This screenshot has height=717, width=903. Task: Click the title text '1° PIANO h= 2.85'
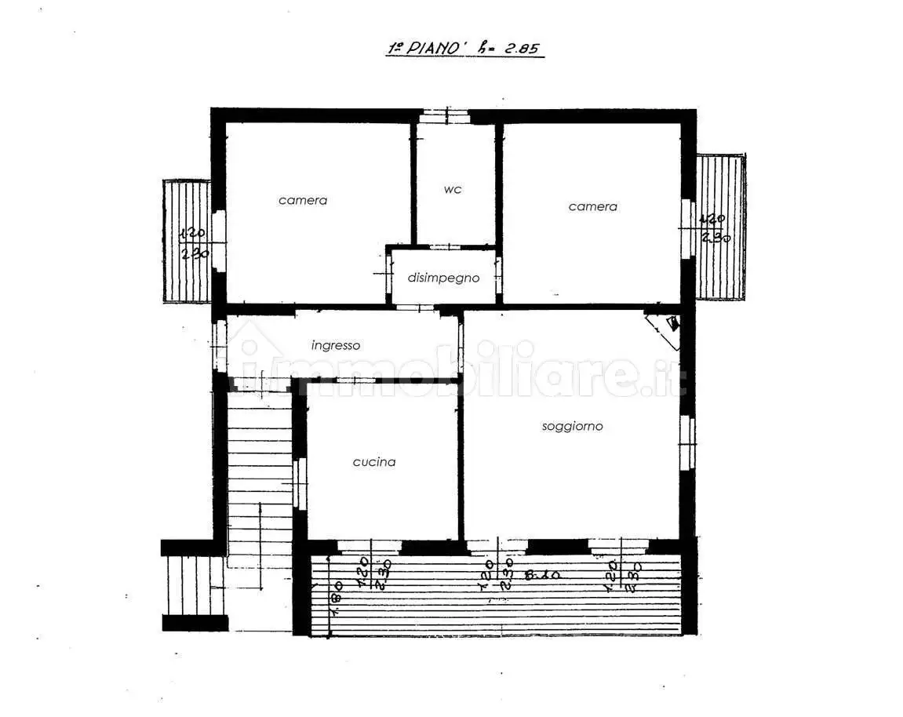click(x=464, y=47)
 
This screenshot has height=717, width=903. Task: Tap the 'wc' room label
click(x=453, y=189)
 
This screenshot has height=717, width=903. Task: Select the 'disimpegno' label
click(x=443, y=278)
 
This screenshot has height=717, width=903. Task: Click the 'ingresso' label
click(x=335, y=344)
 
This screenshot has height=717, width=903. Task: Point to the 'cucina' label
click(x=373, y=462)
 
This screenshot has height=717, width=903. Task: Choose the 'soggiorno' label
click(x=572, y=426)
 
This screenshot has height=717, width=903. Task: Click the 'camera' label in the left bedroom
click(x=303, y=200)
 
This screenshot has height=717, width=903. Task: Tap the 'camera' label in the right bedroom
click(x=592, y=206)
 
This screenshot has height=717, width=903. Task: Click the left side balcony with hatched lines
click(x=186, y=242)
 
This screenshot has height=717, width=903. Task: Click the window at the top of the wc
click(x=444, y=116)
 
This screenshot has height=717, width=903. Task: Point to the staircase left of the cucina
click(x=259, y=486)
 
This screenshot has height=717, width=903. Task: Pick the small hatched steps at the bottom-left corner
click(x=195, y=584)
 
